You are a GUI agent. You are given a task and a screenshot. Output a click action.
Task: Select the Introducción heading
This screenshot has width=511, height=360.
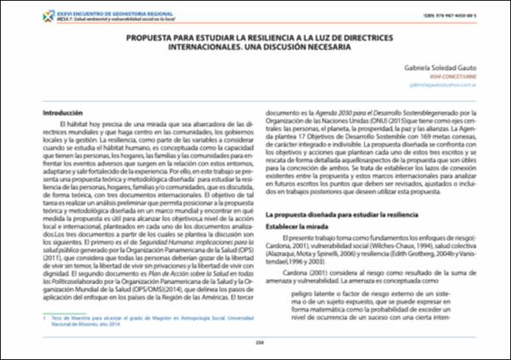(42, 112)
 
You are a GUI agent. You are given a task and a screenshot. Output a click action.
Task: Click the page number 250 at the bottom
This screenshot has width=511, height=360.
(255, 343)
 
